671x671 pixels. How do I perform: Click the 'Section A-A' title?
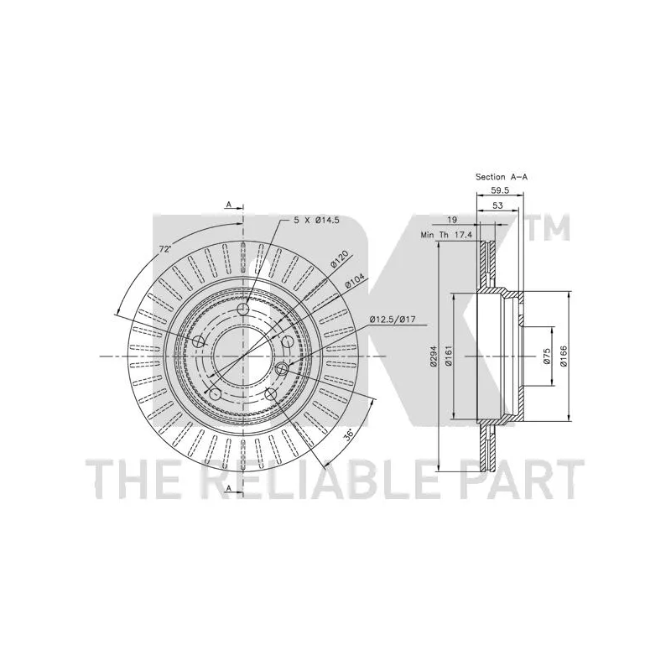coord(502,177)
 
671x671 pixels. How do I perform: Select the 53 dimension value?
coord(497,205)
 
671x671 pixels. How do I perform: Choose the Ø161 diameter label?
coord(450,356)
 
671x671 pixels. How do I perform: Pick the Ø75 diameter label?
coord(546,356)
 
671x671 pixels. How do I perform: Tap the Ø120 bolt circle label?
coord(339,259)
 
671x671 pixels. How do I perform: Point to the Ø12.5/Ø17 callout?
coord(393,319)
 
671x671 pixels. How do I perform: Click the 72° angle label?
coord(165,250)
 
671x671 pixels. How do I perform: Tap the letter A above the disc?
coord(228,204)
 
